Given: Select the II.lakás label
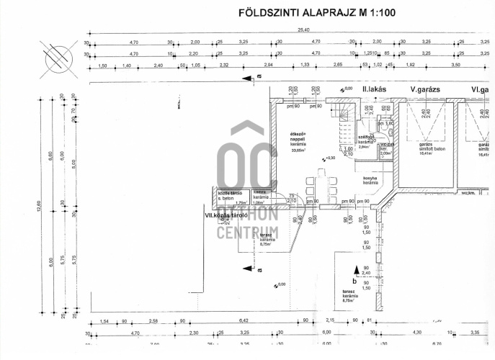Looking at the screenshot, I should [375, 89].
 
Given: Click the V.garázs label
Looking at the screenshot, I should [425, 89].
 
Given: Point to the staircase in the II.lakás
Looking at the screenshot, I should [342, 113].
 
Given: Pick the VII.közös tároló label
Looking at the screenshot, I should [226, 215].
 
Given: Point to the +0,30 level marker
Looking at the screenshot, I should [330, 158].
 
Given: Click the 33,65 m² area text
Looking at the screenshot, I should [298, 151].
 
